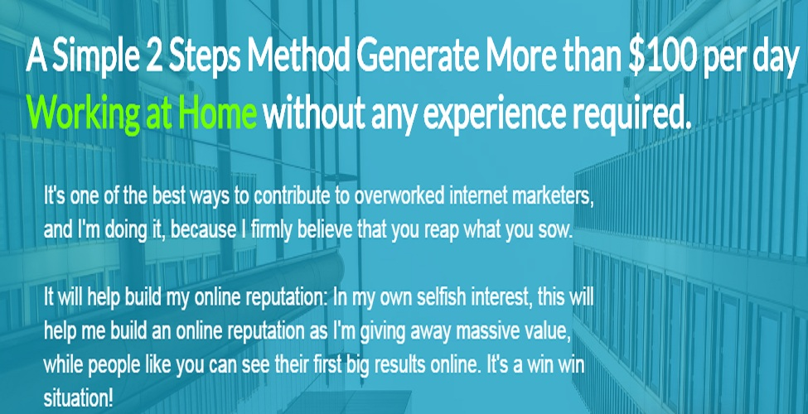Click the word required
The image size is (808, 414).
[x=632, y=113]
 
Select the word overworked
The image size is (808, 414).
[x=400, y=196]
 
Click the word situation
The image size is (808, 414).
[x=78, y=399]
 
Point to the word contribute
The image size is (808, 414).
[x=293, y=196]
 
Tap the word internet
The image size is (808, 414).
[x=476, y=196]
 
